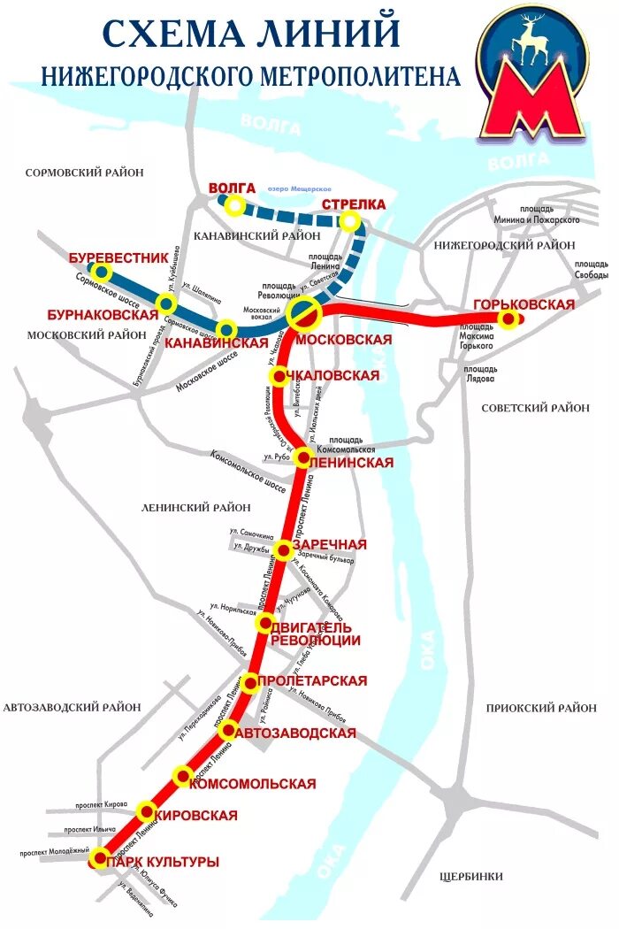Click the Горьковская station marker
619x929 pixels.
tap(508, 320)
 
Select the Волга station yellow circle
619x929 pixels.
tap(234, 206)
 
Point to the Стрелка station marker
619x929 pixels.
tap(351, 220)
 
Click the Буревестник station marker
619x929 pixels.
tap(103, 272)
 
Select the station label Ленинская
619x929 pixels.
tap(350, 461)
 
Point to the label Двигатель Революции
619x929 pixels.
tap(315, 633)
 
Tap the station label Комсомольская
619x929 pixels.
tap(253, 784)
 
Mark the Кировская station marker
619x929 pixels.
tap(146, 810)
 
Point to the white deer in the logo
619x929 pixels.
tap(532, 40)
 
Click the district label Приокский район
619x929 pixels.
tap(541, 708)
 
